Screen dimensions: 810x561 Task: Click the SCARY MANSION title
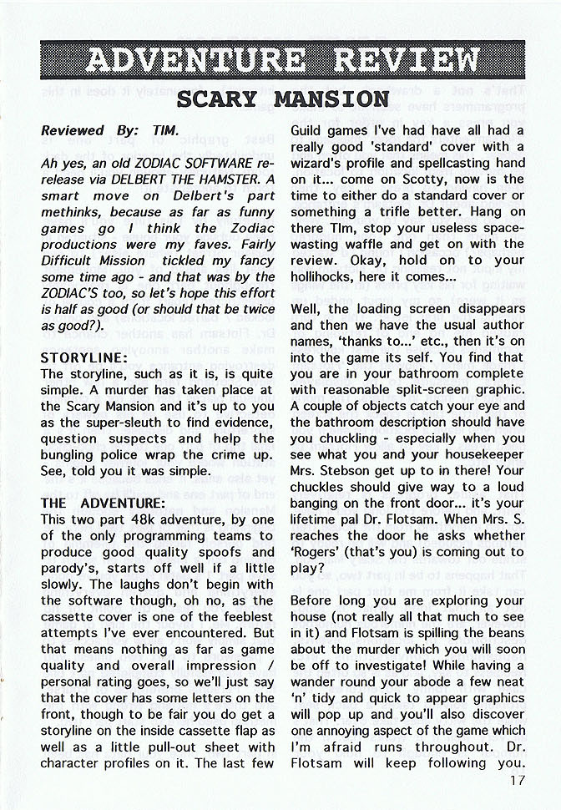283,99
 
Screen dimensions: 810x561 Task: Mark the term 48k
141,519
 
